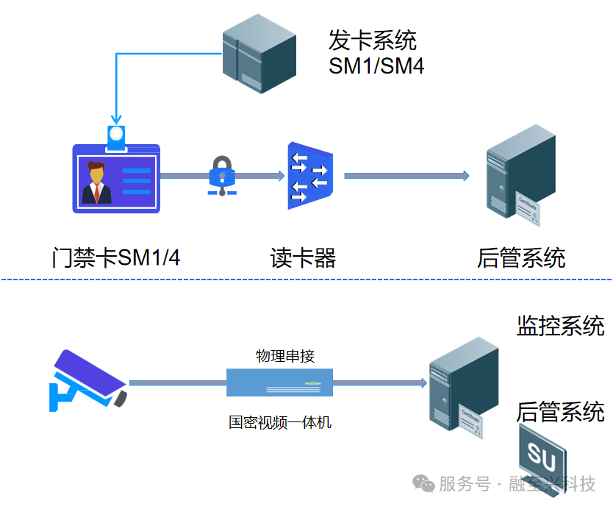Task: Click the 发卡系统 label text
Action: [372, 40]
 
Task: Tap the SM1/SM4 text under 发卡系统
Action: [376, 66]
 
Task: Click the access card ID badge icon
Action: [115, 177]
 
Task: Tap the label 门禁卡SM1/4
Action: [116, 257]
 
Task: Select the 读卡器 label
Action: [303, 257]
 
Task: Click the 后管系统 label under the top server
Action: [520, 257]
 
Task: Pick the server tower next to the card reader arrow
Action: [512, 172]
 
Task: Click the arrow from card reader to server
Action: [406, 175]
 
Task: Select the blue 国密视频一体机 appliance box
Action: [279, 382]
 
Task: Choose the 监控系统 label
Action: [560, 325]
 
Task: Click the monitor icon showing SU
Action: [542, 459]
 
